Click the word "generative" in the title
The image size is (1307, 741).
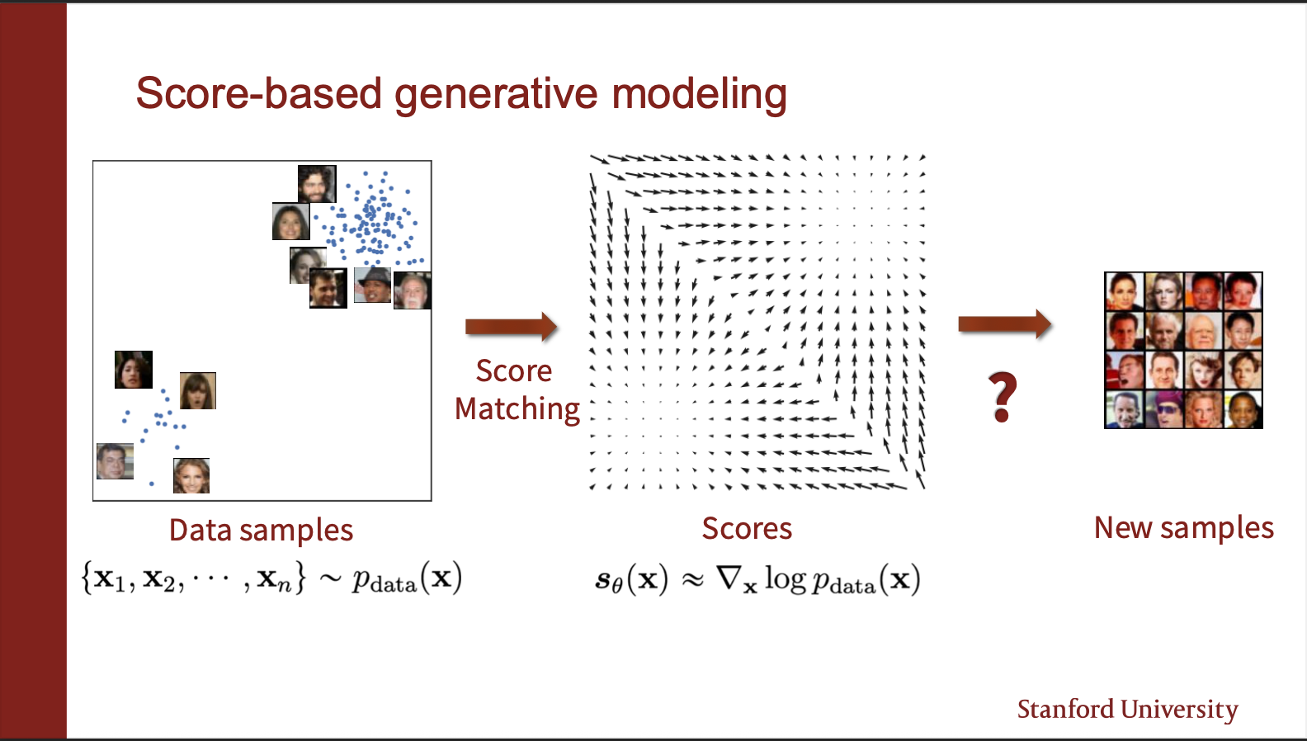click(x=496, y=95)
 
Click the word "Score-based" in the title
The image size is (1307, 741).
click(x=258, y=92)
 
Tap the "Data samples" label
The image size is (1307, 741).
click(x=261, y=531)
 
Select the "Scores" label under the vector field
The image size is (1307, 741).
click(x=747, y=529)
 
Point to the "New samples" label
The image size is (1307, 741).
click(x=1184, y=528)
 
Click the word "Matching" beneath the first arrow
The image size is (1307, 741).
click(x=517, y=409)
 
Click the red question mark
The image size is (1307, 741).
click(x=1003, y=397)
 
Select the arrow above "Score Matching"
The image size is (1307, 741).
click(x=511, y=327)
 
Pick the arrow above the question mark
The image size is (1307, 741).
click(x=1005, y=324)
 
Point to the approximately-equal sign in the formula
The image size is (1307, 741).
click(x=692, y=579)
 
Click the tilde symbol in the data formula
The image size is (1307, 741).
click(x=330, y=578)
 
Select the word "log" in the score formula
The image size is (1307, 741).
click(x=786, y=579)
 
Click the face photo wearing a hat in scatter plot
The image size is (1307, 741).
click(x=372, y=285)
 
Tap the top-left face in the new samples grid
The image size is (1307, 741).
click(x=1125, y=291)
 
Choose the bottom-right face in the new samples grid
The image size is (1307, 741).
click(x=1243, y=409)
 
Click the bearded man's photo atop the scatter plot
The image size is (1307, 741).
click(x=317, y=184)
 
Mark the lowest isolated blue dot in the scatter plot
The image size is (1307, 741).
click(x=152, y=484)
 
